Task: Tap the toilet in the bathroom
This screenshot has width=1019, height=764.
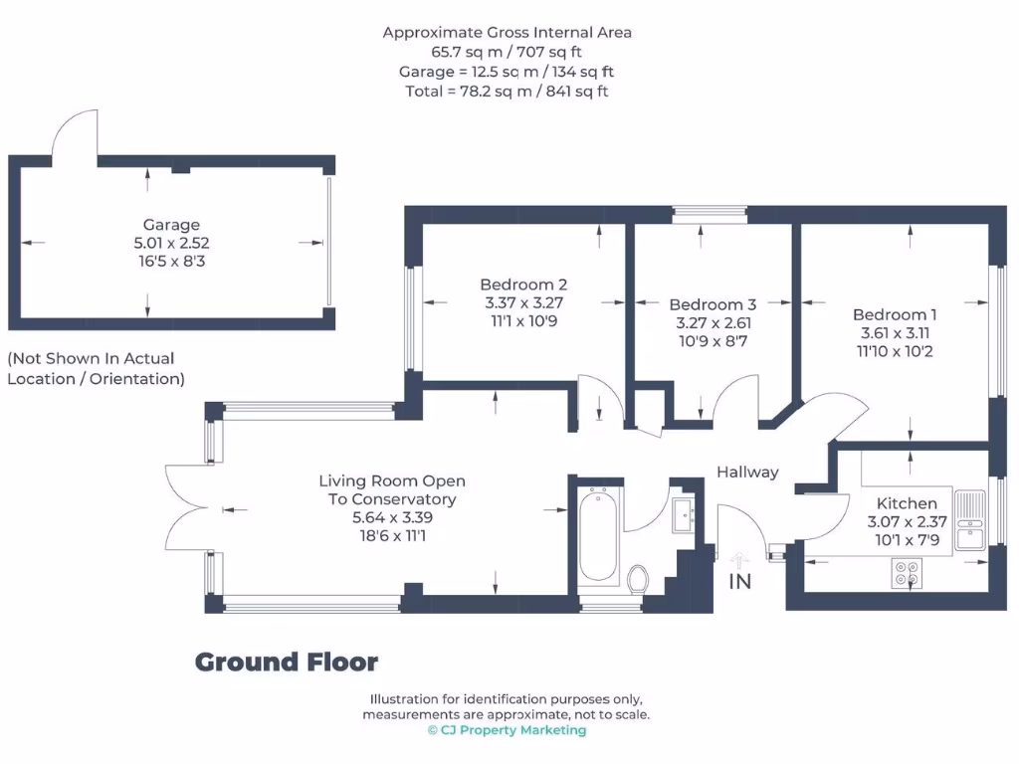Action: pos(639,578)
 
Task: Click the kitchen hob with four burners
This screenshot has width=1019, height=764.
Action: pos(907,572)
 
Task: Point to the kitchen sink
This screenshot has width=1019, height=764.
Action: pos(968,520)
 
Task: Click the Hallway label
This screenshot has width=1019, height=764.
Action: pos(747,473)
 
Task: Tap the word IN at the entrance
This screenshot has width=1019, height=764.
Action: pos(740,582)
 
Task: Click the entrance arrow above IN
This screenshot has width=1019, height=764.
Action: pos(739,559)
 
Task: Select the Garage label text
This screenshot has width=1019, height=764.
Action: pos(171,225)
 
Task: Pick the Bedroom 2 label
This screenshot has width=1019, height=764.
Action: pos(523,285)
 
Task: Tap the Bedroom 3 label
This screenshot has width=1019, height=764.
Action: pos(713,304)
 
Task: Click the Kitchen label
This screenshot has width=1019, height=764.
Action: pos(907,503)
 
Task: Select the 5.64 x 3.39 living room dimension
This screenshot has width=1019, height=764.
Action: pos(392,517)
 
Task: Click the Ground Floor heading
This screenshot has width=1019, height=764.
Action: pos(287,663)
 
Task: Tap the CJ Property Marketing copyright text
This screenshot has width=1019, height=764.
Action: pos(507,730)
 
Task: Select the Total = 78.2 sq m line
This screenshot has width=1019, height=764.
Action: pos(508,91)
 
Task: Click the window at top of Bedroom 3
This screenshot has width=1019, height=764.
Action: pos(709,212)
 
